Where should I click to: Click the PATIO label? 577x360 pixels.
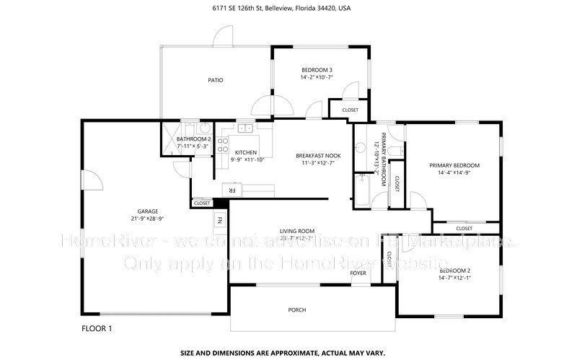pos(215,80)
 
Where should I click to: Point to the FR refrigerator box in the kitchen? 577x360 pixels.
pos(232,190)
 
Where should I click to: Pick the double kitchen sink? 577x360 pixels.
pos(246,129)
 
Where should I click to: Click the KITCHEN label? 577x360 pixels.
pos(246,152)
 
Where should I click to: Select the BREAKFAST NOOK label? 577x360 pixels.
pos(318,156)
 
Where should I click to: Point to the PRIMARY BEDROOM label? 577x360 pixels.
pos(454,165)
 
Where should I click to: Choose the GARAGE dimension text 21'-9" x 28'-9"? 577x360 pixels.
pos(148,219)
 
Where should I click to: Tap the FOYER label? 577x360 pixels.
pos(358,273)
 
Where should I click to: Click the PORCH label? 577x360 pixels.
pos(296,309)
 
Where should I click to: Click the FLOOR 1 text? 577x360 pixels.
pos(97,329)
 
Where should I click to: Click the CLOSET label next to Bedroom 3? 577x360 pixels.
pos(350,110)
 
